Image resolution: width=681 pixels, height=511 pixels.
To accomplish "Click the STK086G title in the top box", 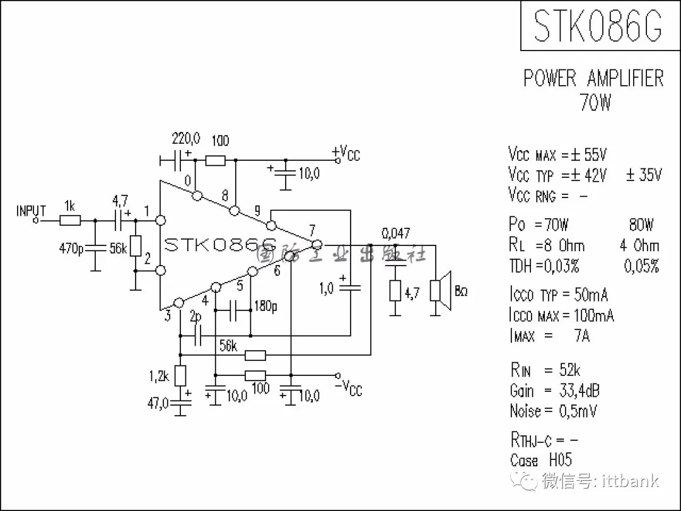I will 597,25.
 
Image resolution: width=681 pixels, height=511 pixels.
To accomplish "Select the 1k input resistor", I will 70,220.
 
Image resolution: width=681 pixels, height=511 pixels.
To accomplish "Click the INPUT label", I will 31,211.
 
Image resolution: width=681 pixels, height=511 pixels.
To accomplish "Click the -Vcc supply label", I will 351,387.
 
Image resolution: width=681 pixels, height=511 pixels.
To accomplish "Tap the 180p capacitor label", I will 265,307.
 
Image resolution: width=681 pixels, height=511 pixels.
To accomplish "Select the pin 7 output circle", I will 317,244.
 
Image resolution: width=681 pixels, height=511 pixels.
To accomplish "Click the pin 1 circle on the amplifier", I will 160,220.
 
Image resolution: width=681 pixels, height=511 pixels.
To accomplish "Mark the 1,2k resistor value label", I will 159,377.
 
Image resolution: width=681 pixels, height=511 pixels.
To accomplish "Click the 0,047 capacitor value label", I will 395,232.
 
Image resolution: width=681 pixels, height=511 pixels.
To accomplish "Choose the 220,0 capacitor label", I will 186,138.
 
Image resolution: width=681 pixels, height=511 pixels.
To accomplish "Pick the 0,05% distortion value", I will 641,266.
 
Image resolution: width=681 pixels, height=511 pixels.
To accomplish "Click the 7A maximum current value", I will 581,336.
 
